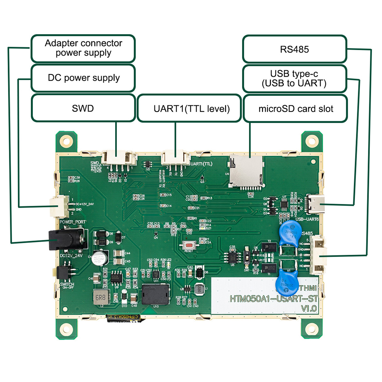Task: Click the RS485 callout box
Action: pyautogui.click(x=295, y=49)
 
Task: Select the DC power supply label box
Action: pyautogui.click(x=83, y=78)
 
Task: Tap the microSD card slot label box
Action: pyautogui.click(x=295, y=109)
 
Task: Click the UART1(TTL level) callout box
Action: pyautogui.click(x=189, y=109)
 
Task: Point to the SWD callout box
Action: pyautogui.click(x=83, y=108)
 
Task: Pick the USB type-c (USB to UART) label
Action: pyautogui.click(x=295, y=78)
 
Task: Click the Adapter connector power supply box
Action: pyautogui.click(x=83, y=48)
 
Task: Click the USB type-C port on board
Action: pyautogui.click(x=316, y=204)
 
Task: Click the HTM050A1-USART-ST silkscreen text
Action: pyautogui.click(x=273, y=298)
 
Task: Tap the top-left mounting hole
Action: pyautogui.click(x=66, y=141)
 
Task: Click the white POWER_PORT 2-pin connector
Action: pyautogui.click(x=59, y=207)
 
